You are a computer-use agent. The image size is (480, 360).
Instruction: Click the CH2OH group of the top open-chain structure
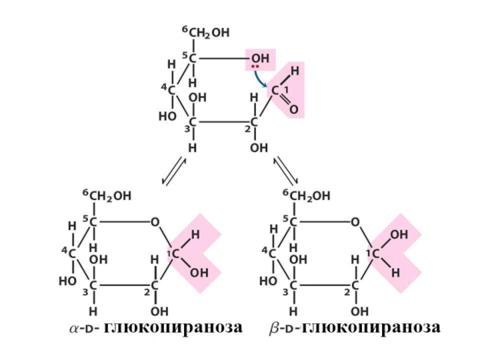(209, 34)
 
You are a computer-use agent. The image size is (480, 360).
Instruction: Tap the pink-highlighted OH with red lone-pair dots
(260, 58)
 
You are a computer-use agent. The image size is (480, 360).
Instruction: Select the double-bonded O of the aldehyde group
(293, 109)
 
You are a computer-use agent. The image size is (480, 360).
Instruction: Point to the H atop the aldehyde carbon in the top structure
(293, 71)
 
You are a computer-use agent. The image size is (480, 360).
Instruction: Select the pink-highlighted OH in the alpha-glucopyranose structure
(199, 273)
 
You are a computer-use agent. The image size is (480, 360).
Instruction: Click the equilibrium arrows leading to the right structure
(286, 171)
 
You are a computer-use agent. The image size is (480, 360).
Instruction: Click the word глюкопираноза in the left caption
(173, 328)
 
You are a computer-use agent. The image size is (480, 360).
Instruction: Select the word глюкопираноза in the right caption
(371, 328)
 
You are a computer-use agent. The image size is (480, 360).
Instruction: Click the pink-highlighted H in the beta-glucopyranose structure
(395, 272)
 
